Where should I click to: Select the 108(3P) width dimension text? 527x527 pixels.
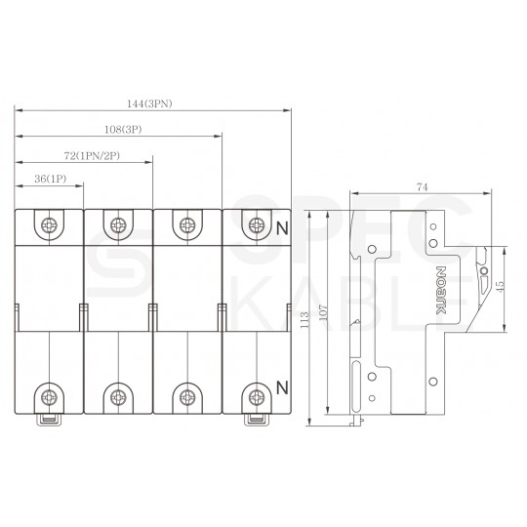[125, 129]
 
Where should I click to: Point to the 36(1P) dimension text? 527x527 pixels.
[49, 180]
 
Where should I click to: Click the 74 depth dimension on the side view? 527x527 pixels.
[422, 184]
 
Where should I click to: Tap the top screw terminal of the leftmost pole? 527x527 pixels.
[49, 224]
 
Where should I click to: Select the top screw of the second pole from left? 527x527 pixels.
[118, 224]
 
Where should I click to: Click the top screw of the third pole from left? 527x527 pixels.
[186, 224]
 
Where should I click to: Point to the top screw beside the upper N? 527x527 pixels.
[256, 224]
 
